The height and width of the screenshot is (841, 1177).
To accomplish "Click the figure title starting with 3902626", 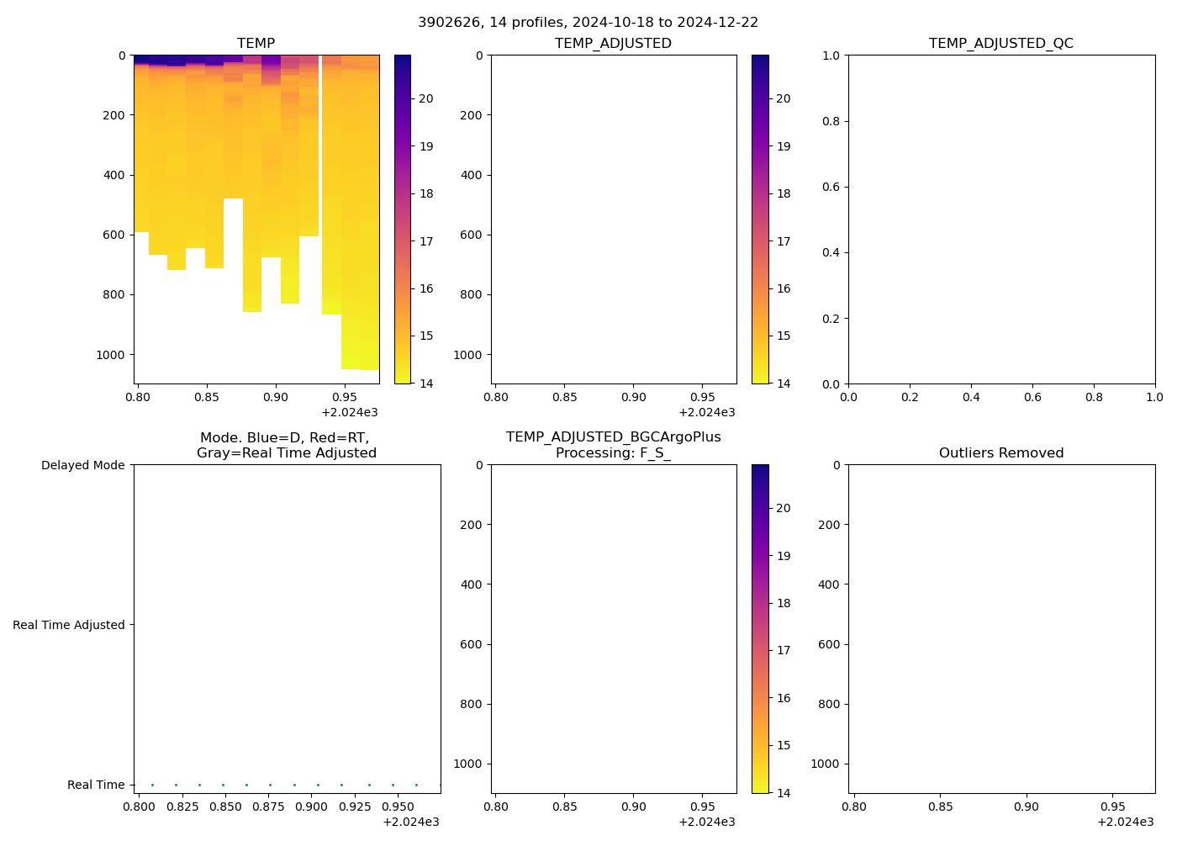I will pyautogui.click(x=588, y=22).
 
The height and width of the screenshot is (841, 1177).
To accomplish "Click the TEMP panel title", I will pyautogui.click(x=256, y=43).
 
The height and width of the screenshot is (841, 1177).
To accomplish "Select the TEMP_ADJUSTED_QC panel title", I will pyautogui.click(x=1000, y=43).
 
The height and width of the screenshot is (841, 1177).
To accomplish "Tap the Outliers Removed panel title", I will pyautogui.click(x=1000, y=452).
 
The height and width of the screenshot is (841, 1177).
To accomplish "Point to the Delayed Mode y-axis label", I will pyautogui.click(x=82, y=465).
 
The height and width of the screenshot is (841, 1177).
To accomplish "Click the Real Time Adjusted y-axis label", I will pyautogui.click(x=69, y=625).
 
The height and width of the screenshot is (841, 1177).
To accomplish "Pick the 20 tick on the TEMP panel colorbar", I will pyautogui.click(x=426, y=98).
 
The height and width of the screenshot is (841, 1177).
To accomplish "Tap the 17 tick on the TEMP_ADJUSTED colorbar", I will pyautogui.click(x=784, y=241).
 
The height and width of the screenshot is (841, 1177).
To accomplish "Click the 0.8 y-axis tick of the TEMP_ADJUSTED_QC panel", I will pyautogui.click(x=831, y=121).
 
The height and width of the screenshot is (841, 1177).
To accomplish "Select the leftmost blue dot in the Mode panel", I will pyautogui.click(x=152, y=785).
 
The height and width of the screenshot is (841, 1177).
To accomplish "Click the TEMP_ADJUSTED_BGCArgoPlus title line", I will pyautogui.click(x=613, y=437).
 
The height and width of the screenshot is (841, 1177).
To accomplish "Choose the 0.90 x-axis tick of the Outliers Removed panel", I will pyautogui.click(x=1026, y=807).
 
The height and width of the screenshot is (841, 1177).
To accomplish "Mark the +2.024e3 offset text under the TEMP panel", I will pyautogui.click(x=349, y=412).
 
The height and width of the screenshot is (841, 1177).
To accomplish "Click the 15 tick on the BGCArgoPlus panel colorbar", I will pyautogui.click(x=784, y=745).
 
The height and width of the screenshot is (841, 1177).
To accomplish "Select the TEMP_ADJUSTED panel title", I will pyautogui.click(x=613, y=43).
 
